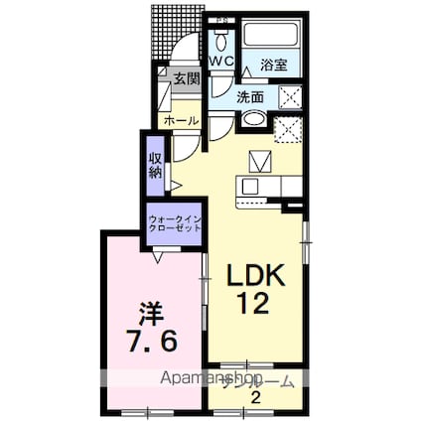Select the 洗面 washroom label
click(x=250, y=96)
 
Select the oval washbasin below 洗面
click(x=253, y=121)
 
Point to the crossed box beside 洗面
click(x=290, y=96)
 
